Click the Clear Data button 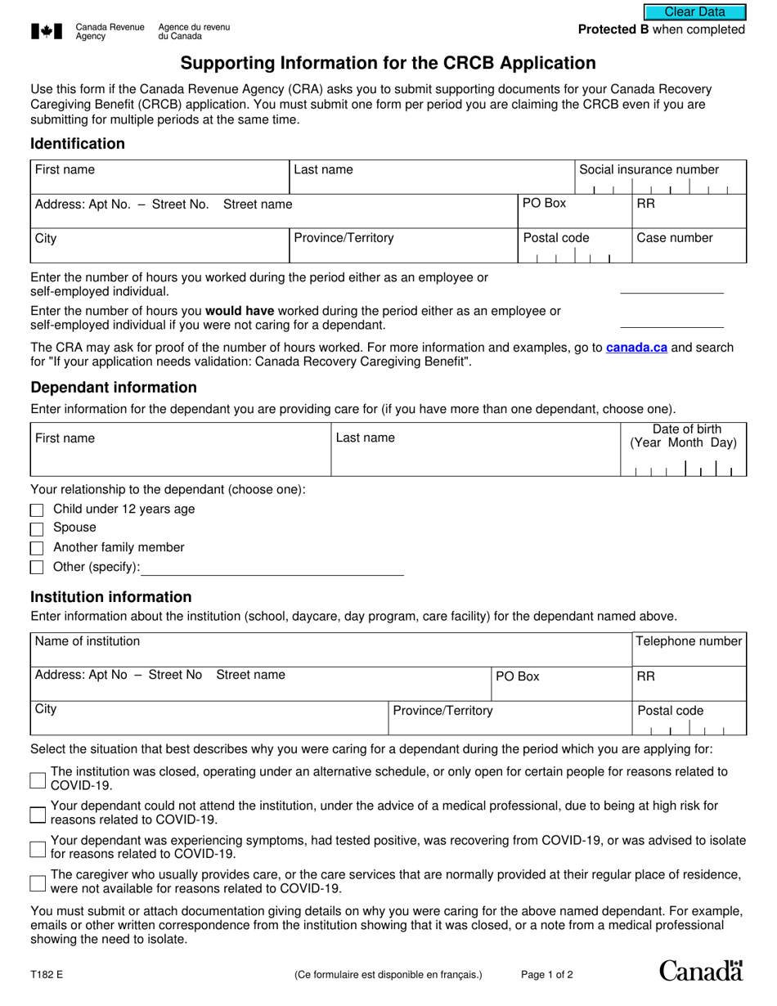[x=694, y=11]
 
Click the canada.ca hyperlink [x=636, y=348]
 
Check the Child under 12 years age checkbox [x=37, y=510]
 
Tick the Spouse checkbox [x=37, y=529]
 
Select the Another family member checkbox [x=37, y=549]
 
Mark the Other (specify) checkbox [x=37, y=568]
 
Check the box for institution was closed [x=37, y=780]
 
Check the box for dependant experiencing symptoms [x=37, y=849]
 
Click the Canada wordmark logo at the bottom [x=701, y=971]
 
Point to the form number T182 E [x=47, y=975]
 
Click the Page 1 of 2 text [x=547, y=975]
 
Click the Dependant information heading [x=114, y=388]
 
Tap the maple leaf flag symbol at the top [x=47, y=32]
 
